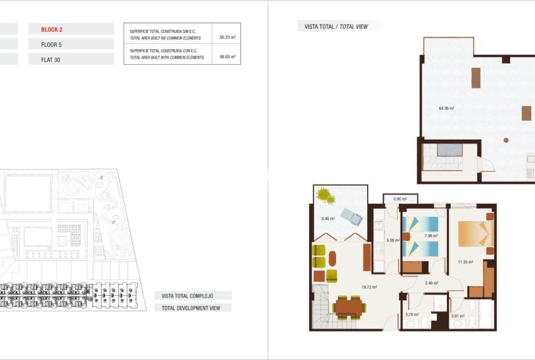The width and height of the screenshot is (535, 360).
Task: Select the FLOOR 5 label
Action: click(52, 45)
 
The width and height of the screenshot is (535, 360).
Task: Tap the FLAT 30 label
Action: click(52, 60)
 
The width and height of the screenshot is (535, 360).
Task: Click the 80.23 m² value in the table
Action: click(227, 37)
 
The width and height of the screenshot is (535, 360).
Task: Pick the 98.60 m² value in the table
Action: click(227, 57)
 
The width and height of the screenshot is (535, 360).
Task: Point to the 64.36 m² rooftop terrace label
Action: click(446, 108)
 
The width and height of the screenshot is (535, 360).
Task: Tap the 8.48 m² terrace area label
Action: click(329, 218)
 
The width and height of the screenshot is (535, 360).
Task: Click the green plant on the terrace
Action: click(326, 196)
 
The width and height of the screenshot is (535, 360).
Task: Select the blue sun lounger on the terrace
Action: click(351, 217)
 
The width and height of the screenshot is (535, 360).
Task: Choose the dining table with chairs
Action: click(349, 308)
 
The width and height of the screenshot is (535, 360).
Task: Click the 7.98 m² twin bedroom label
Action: click(431, 236)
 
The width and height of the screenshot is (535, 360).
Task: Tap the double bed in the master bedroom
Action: click(473, 233)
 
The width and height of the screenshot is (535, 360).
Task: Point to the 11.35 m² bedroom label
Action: click(465, 262)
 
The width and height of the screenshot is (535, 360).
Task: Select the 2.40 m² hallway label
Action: click(431, 283)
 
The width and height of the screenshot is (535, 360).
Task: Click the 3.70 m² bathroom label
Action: click(412, 315)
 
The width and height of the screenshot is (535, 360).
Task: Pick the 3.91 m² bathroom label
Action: click(458, 316)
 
